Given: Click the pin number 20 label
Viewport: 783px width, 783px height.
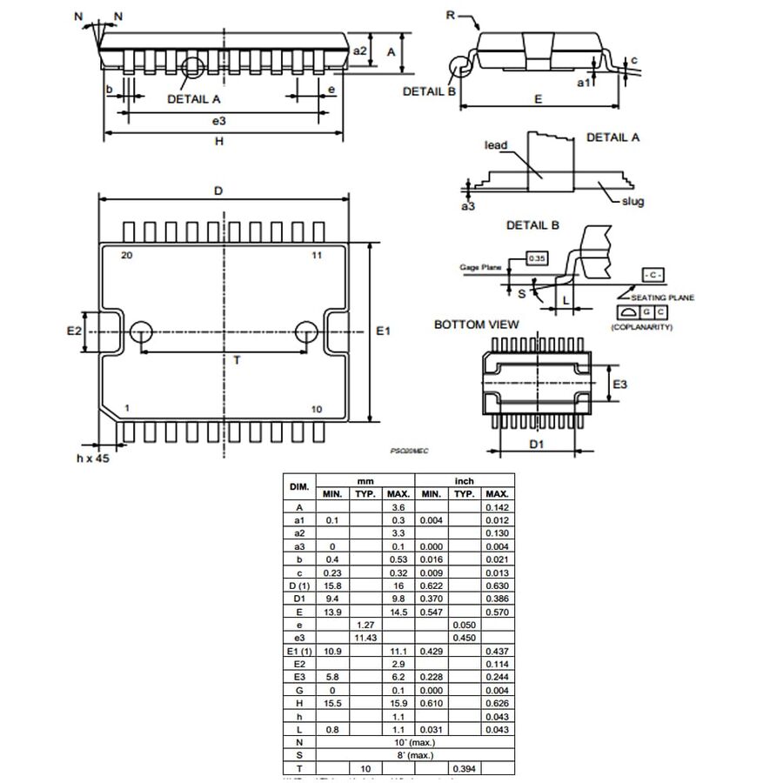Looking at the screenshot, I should [126, 255].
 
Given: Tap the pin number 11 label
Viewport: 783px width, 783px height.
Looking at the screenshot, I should [316, 255].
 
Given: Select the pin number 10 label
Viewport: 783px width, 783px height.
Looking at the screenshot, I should [316, 408].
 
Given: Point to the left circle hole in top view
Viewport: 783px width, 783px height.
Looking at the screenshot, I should [141, 331].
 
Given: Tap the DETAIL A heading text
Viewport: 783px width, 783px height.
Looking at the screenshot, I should [612, 137].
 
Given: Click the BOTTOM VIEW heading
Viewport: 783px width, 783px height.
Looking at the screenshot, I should [476, 325].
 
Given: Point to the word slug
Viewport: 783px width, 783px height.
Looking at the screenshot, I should [632, 202].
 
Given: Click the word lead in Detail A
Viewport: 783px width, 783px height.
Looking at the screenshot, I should [496, 145].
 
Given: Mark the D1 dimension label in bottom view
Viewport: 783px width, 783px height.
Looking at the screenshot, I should [537, 445].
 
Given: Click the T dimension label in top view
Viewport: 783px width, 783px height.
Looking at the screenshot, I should [236, 360].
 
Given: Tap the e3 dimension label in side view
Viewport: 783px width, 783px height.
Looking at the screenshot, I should [218, 120].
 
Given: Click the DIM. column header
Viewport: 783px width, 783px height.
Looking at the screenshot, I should [298, 485].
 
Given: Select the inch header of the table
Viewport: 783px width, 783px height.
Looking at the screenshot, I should [464, 479].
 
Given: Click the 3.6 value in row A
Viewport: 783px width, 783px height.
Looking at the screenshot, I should [398, 506].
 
